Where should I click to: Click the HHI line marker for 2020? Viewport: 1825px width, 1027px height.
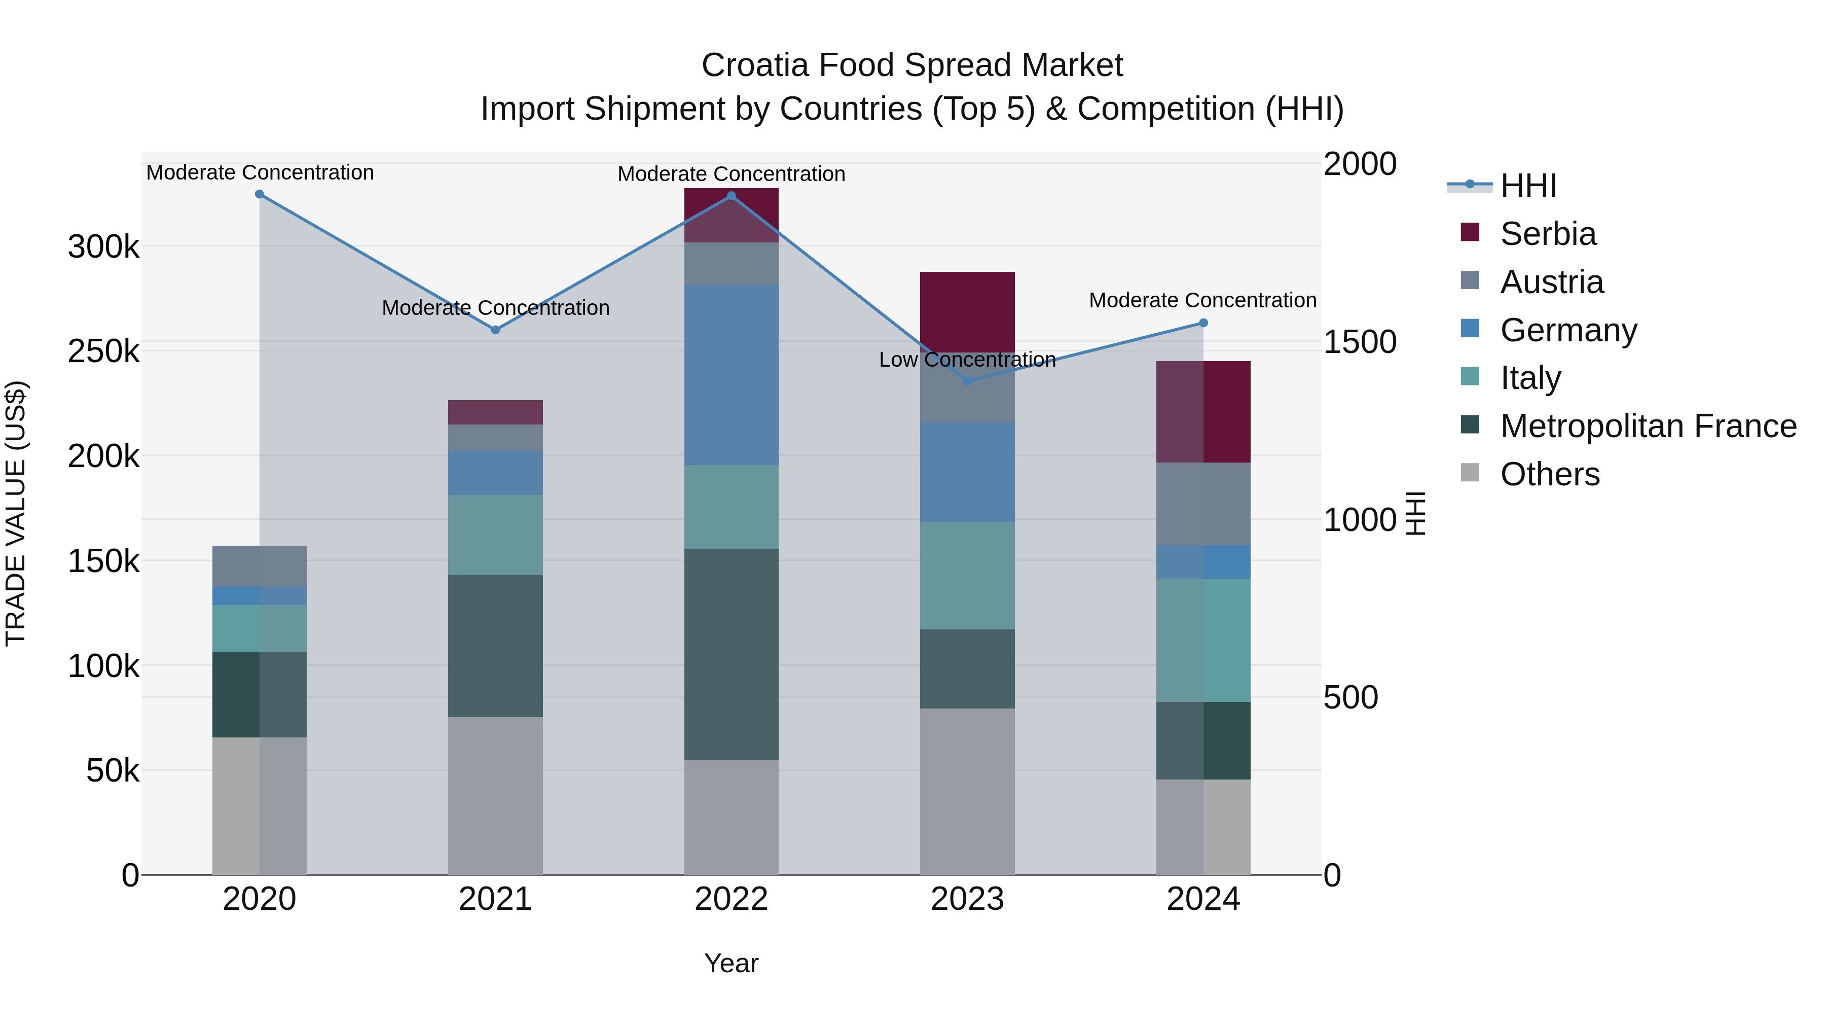[x=259, y=194]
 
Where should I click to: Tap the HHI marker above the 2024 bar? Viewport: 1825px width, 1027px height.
[x=1203, y=323]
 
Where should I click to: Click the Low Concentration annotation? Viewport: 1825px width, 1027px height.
[x=967, y=360]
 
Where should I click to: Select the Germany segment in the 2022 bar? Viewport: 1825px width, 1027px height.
[x=731, y=374]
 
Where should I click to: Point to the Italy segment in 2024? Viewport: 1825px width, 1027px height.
[x=1203, y=640]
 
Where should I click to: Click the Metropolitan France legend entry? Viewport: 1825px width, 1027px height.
[x=1648, y=426]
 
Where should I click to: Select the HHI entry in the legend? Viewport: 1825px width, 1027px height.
[x=1527, y=186]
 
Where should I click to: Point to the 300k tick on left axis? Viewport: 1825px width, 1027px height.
[x=103, y=247]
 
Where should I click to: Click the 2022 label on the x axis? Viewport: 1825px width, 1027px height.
[x=731, y=899]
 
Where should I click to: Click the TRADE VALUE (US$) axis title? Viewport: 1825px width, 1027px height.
[x=16, y=513]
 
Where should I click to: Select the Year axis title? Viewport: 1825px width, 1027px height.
[x=731, y=963]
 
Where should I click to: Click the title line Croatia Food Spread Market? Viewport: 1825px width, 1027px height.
[x=912, y=65]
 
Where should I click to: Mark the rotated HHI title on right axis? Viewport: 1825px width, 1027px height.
[x=1415, y=513]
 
